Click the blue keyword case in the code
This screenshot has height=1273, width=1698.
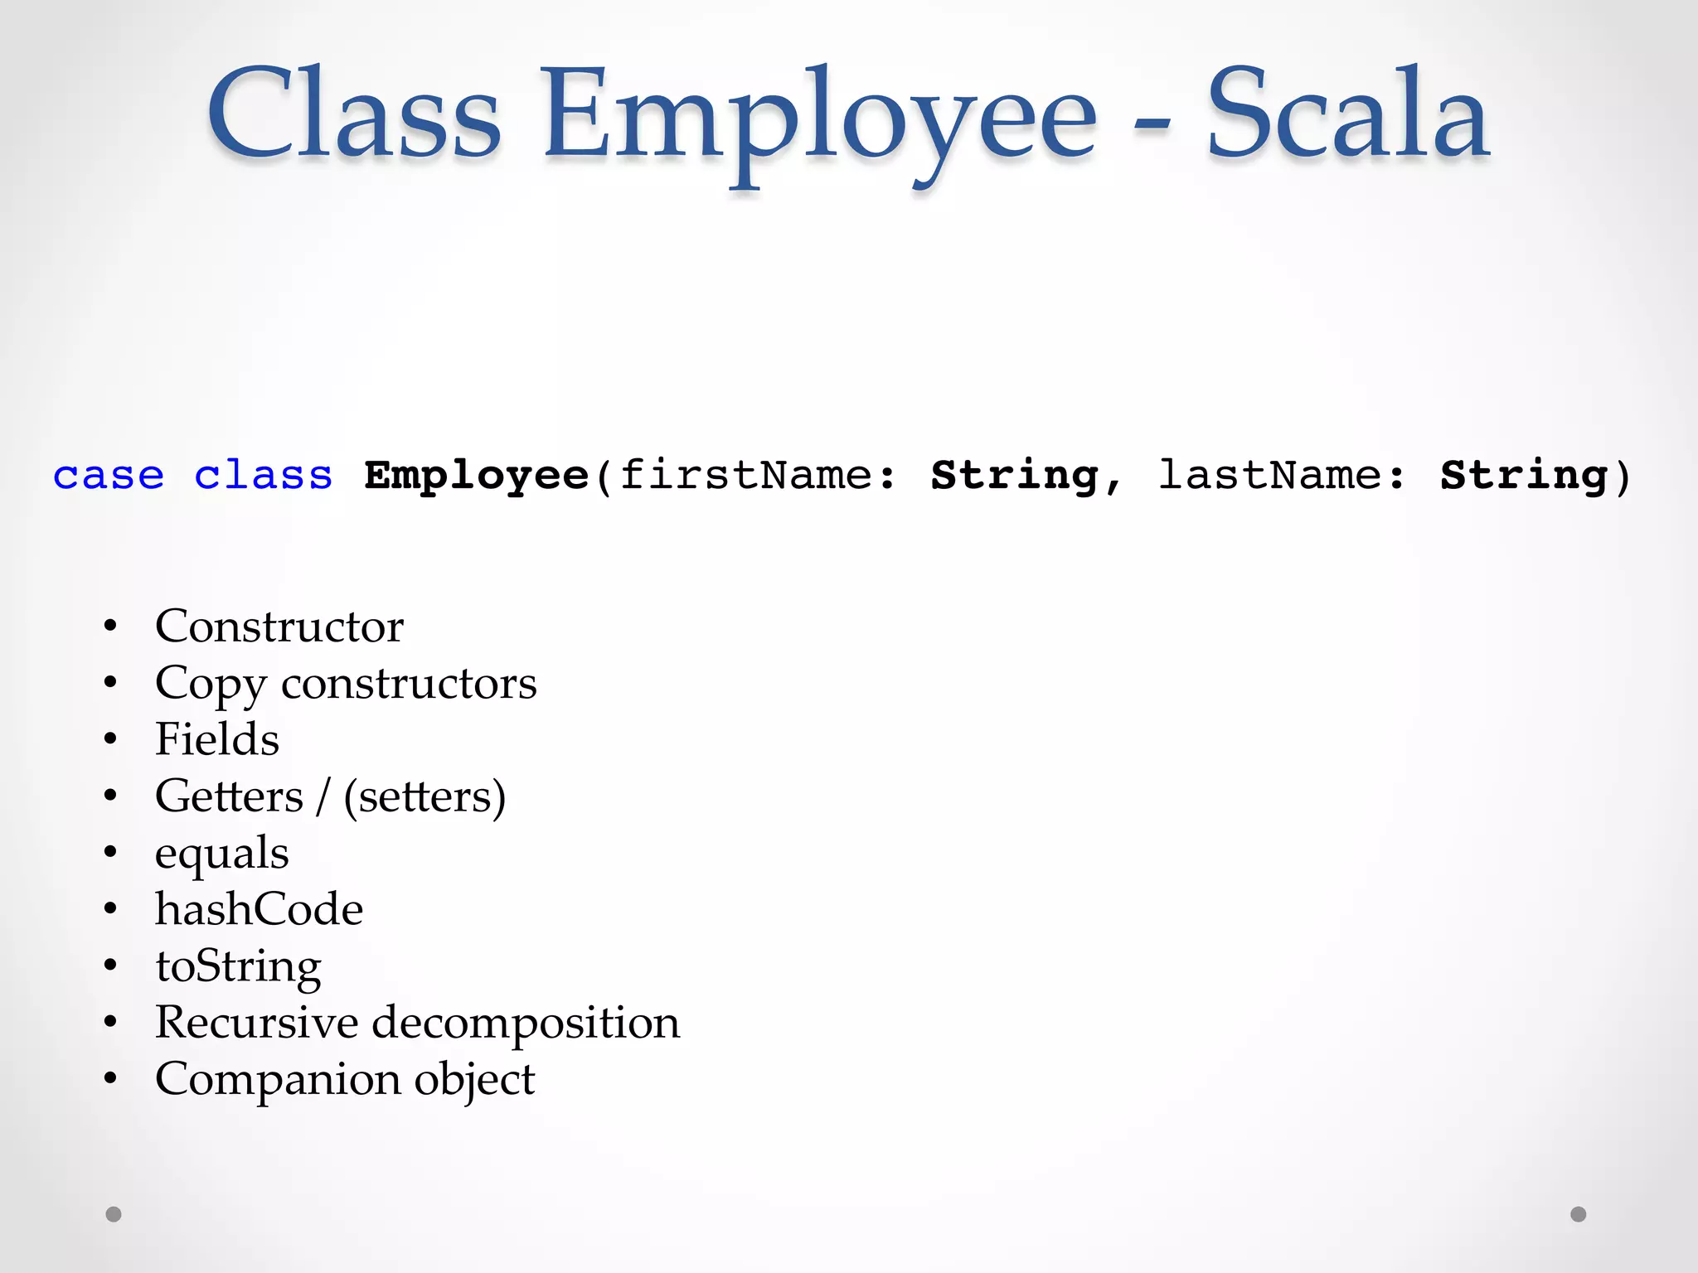pos(109,476)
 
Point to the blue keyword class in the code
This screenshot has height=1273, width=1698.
pos(263,476)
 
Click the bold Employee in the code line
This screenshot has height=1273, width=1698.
pos(477,476)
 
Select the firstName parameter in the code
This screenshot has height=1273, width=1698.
pos(746,476)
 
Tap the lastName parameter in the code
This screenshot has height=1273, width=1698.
pos(1269,476)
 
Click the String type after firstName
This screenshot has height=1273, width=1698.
pos(1015,476)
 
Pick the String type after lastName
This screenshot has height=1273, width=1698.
pos(1524,476)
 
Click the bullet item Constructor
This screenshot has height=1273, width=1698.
pos(279,626)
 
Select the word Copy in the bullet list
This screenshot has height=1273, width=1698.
pos(211,685)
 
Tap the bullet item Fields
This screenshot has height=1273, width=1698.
pos(217,739)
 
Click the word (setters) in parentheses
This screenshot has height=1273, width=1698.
pos(424,796)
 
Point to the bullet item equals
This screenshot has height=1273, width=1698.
pos(222,854)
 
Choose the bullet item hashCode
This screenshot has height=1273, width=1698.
pos(260,909)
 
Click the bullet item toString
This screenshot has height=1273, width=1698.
pos(239,966)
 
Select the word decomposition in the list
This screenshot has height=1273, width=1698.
pos(526,1023)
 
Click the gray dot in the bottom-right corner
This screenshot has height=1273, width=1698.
pos(1579,1214)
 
